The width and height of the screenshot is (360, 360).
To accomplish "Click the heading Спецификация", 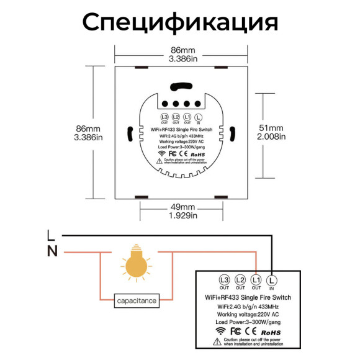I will point(180,22).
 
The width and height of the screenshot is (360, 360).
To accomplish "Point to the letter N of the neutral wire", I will point(52,251).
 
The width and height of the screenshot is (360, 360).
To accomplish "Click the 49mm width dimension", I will point(182,206).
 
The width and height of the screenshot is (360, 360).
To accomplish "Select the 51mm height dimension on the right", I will point(271,127).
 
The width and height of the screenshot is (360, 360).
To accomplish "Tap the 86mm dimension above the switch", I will point(183,50).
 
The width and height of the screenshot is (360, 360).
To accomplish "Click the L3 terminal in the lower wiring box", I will point(224,281).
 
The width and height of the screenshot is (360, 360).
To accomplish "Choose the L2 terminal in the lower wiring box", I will point(241,281).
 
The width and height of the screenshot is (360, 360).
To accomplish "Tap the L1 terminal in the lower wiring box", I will point(257,281).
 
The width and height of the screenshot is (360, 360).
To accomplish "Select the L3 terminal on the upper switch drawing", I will point(164,117).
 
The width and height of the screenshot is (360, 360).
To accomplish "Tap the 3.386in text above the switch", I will point(183,59).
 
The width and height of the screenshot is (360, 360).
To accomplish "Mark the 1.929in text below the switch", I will point(182,215).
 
